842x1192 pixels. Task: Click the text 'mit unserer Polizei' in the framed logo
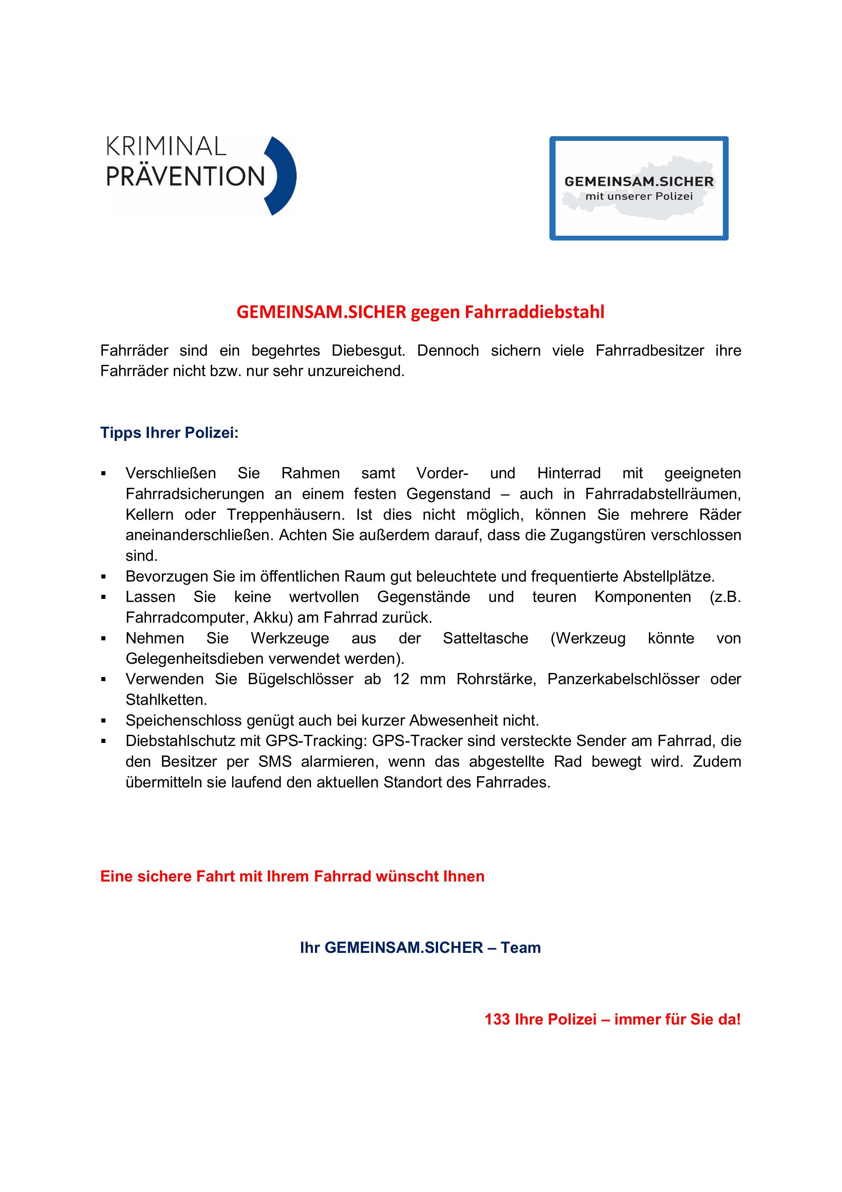(x=639, y=196)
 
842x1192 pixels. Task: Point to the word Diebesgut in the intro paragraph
(x=368, y=351)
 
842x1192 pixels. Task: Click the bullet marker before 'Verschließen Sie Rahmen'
(x=104, y=474)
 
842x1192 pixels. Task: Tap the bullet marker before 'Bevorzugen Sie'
(x=104, y=577)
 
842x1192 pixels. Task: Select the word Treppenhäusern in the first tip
(x=285, y=515)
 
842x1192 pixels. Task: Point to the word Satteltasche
(x=486, y=638)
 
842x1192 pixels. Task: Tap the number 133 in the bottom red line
(x=497, y=1019)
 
